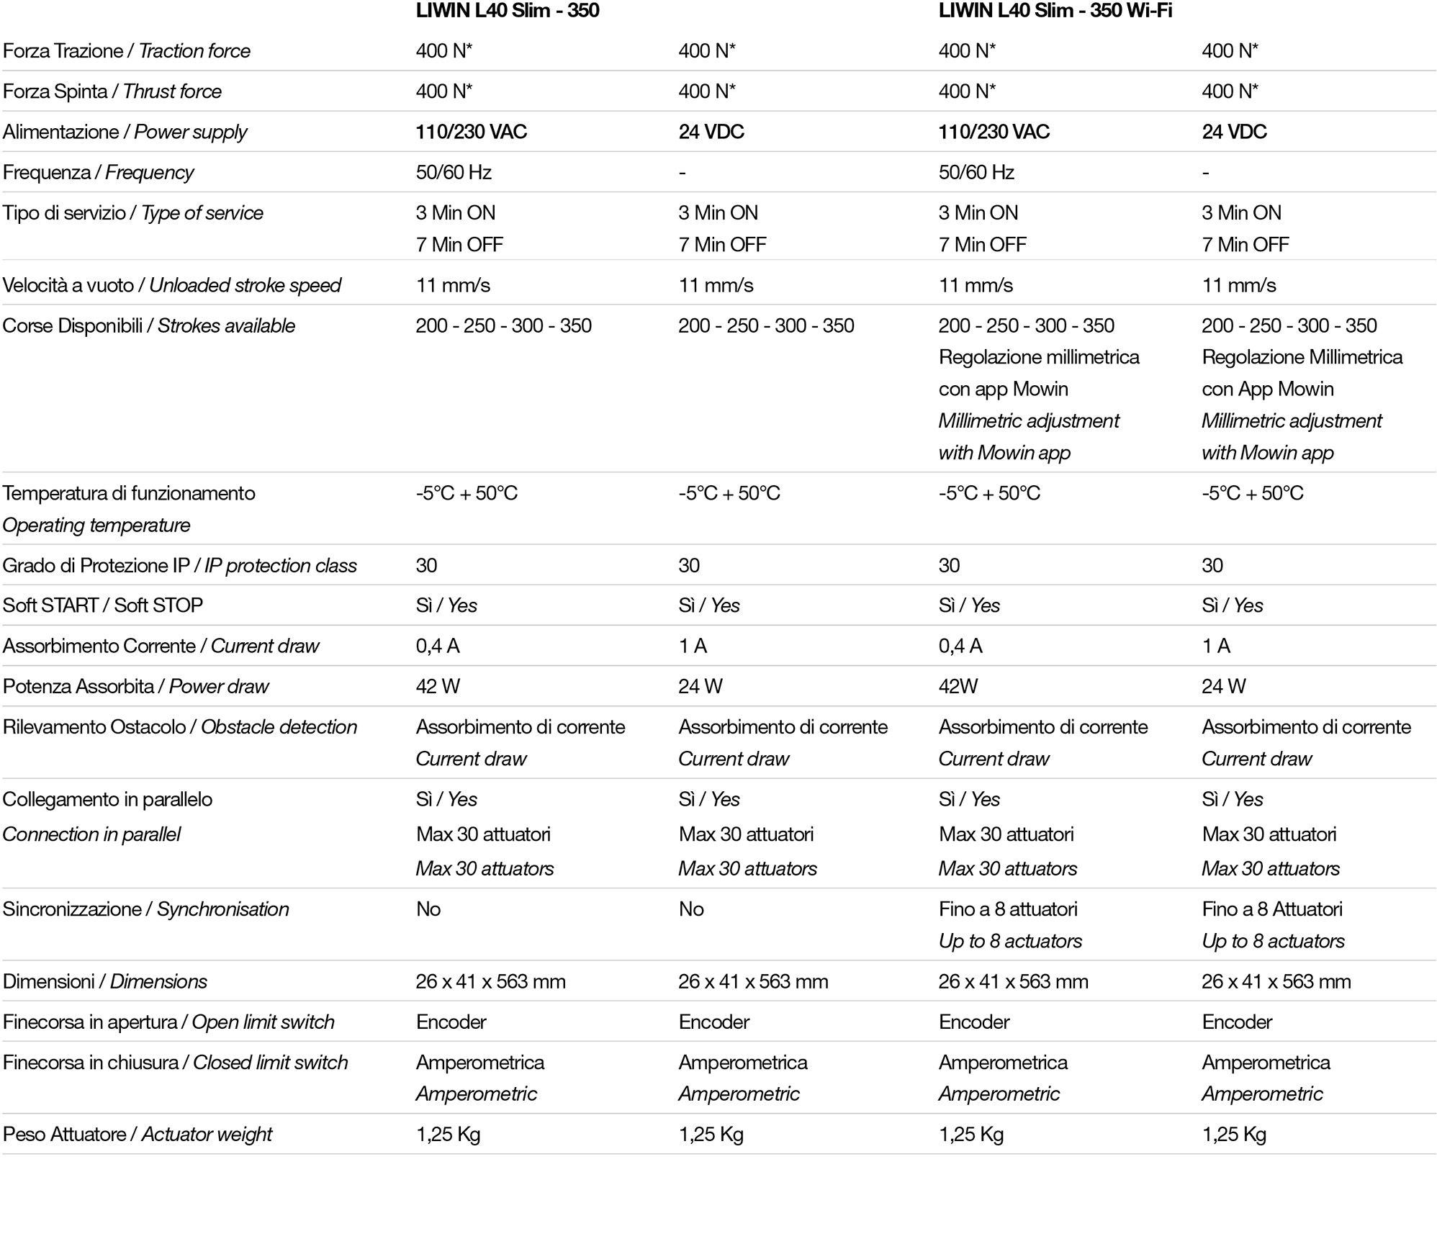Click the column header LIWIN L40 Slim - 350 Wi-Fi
1055,11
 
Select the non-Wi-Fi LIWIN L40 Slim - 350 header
507,11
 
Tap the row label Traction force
194,51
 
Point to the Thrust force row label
172,91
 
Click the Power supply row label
190,132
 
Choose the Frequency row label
149,172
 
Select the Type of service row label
202,212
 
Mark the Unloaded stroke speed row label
245,285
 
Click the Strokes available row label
226,325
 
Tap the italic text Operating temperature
96,525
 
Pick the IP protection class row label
280,565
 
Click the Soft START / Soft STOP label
102,605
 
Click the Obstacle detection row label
279,726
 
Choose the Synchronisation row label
222,909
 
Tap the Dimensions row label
158,981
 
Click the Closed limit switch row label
270,1062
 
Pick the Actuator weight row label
207,1134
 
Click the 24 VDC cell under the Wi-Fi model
1234,132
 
